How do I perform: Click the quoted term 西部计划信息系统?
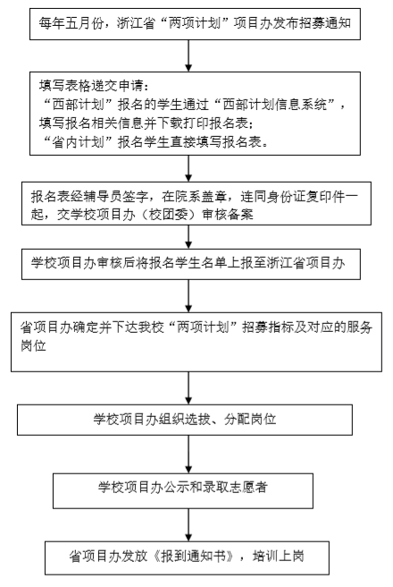274,104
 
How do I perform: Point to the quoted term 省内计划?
78,142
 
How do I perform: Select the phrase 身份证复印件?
305,196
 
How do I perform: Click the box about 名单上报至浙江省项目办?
191,264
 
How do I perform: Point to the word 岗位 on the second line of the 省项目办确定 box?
33,345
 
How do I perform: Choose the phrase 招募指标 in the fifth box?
268,328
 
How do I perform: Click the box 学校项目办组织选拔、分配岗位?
185,420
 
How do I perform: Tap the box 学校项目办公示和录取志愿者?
183,490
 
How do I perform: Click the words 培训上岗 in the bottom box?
279,557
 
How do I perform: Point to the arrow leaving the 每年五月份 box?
188,55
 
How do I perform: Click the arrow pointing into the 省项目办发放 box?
188,524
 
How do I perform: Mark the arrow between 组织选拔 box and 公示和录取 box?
188,454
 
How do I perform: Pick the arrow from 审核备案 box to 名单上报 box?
188,236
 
